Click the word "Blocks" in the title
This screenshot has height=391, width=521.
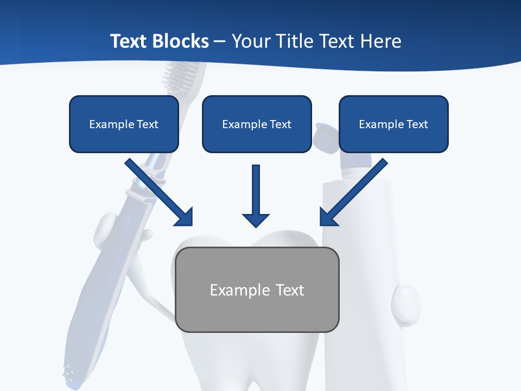[x=180, y=41]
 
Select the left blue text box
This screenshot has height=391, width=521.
[x=124, y=124]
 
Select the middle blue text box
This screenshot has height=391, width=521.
[x=257, y=124]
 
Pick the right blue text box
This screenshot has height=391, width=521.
[x=393, y=124]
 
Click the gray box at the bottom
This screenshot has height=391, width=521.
[x=257, y=289]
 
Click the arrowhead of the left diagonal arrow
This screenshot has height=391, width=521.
[x=185, y=217]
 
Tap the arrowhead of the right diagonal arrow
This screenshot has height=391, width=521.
[x=328, y=217]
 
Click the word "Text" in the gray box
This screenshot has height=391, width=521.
[x=290, y=290]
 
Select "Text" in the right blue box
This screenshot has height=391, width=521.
[x=417, y=124]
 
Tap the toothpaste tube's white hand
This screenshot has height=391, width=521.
[x=405, y=304]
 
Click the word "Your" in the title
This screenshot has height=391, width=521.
[x=251, y=41]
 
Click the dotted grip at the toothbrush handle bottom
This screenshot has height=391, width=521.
[x=69, y=372]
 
